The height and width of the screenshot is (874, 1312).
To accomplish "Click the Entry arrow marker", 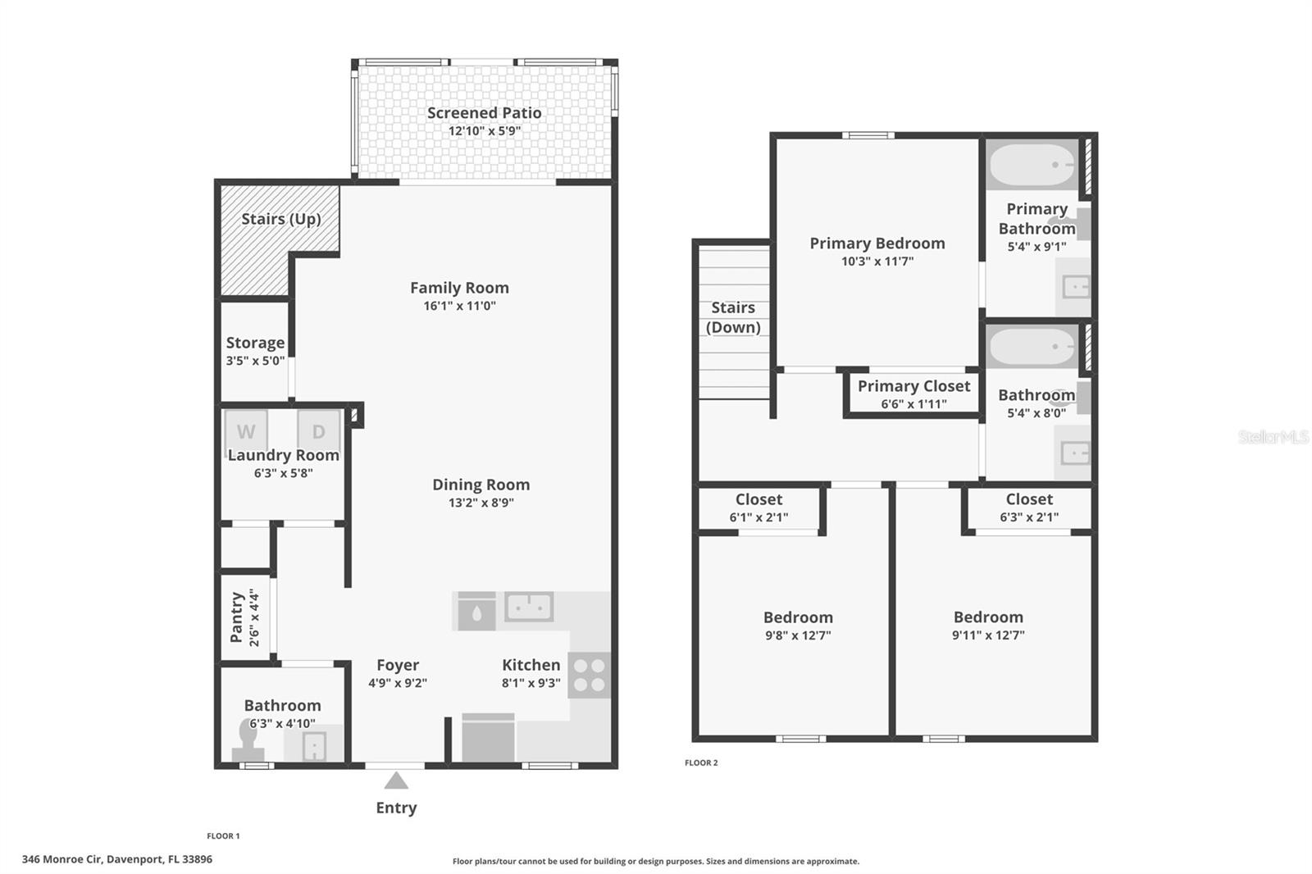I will point(396,780).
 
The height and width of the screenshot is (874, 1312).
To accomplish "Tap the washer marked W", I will point(246,430).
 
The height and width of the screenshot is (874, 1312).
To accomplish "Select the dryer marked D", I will point(318,430).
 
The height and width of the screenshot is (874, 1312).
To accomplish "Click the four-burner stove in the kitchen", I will point(590,675).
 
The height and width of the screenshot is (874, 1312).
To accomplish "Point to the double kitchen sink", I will point(529,608).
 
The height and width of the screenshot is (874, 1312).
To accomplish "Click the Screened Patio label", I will point(484,113).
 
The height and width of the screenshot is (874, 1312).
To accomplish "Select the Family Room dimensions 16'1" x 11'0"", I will point(459,306).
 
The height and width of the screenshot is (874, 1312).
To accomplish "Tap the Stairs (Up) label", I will point(280,219).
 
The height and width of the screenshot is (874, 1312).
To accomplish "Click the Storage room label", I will point(255,343).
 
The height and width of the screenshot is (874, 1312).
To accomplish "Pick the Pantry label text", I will point(236,617).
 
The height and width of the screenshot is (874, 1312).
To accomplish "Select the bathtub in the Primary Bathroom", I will point(1032,166).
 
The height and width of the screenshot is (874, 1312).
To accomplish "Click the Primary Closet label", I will point(913,386).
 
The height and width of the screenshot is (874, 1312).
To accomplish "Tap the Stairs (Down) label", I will point(733,317).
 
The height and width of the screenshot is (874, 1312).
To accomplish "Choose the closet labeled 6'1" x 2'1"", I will point(758,508).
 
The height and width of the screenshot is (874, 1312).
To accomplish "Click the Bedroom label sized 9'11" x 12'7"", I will point(988,617).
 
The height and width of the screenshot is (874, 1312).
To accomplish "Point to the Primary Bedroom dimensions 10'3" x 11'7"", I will point(877,262).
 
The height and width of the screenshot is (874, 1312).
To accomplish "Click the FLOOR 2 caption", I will point(701,762).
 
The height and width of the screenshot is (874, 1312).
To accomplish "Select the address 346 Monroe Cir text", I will point(116,859).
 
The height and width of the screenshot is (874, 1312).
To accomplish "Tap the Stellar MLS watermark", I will point(1273,437).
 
